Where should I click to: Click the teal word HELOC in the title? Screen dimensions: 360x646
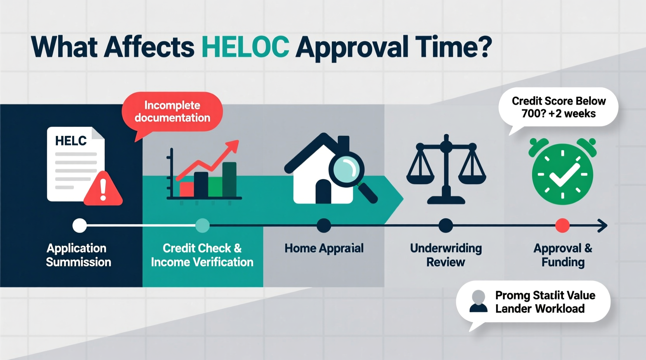pyautogui.click(x=245, y=47)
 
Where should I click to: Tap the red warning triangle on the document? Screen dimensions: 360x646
pyautogui.click(x=103, y=189)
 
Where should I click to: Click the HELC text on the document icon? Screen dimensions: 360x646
pyautogui.click(x=71, y=141)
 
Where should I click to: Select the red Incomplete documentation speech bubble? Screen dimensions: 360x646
pyautogui.click(x=172, y=112)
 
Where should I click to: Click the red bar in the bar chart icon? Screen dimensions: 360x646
pyautogui.click(x=186, y=189)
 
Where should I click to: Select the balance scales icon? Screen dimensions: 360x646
pyautogui.click(x=446, y=169)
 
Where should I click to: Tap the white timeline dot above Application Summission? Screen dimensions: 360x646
pyautogui.click(x=80, y=225)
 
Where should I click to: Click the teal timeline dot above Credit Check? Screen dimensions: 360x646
pyautogui.click(x=202, y=225)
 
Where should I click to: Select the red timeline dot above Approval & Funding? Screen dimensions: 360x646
pyautogui.click(x=562, y=225)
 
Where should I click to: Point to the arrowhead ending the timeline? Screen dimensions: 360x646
pyautogui.click(x=603, y=225)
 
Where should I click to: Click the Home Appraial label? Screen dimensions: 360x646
pyautogui.click(x=324, y=248)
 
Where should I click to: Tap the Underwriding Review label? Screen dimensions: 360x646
pyautogui.click(x=446, y=255)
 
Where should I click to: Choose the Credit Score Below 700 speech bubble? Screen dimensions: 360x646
pyautogui.click(x=558, y=107)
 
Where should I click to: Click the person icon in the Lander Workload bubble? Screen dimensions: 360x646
pyautogui.click(x=478, y=301)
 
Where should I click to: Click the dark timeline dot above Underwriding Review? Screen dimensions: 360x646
pyautogui.click(x=446, y=225)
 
